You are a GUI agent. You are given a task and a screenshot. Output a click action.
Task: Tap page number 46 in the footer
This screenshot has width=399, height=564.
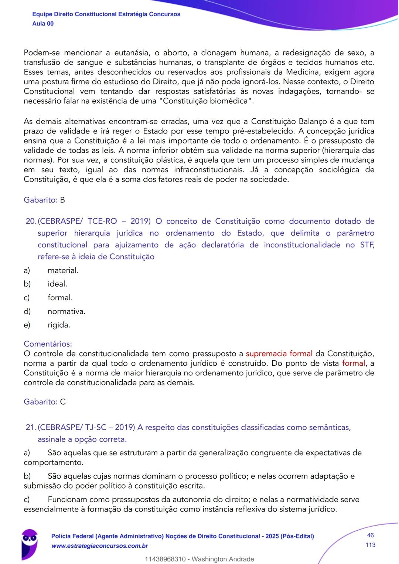click(370, 536)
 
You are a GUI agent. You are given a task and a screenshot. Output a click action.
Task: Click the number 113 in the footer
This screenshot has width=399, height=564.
click(370, 545)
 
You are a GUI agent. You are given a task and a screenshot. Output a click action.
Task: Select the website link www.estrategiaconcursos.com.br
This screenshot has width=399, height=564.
click(100, 546)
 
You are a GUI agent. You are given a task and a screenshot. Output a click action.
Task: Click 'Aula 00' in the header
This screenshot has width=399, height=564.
click(43, 24)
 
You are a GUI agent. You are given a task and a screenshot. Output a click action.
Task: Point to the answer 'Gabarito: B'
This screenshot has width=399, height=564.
click(44, 200)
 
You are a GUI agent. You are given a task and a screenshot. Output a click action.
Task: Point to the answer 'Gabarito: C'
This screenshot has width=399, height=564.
click(45, 402)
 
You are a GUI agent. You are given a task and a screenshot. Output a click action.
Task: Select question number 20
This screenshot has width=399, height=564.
click(31, 222)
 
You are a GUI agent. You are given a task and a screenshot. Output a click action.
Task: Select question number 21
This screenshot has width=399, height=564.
click(31, 428)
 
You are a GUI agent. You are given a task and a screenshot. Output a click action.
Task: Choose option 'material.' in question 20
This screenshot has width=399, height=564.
click(63, 271)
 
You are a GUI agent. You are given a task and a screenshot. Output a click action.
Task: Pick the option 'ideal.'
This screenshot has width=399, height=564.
click(57, 284)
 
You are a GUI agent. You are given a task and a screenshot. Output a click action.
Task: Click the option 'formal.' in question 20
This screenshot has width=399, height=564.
click(60, 298)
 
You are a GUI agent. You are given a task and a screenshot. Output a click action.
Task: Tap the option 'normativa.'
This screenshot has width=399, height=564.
click(66, 312)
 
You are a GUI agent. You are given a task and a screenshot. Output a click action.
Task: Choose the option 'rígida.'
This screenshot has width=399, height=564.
click(59, 325)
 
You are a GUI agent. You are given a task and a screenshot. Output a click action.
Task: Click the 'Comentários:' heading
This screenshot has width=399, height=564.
click(48, 344)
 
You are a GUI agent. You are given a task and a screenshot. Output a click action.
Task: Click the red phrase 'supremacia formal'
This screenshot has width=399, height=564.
click(279, 354)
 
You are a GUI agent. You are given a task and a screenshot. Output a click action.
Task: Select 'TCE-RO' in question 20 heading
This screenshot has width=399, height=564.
click(102, 222)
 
